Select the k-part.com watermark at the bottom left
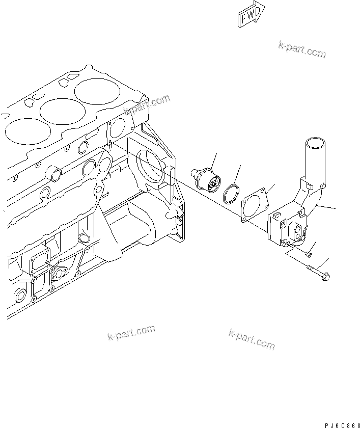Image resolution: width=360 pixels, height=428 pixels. click(131, 333)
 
